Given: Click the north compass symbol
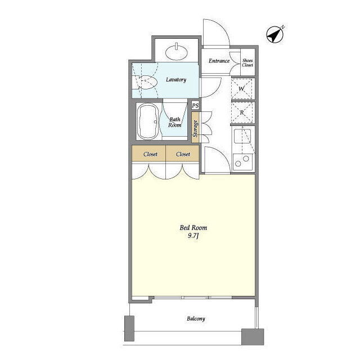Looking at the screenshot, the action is [275, 34].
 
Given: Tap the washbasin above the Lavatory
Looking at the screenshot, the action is [177, 52].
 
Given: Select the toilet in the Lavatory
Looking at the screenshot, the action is [146, 82].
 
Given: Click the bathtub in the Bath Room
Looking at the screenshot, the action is [148, 121].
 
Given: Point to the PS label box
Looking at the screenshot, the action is [195, 106].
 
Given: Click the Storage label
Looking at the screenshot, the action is [195, 128].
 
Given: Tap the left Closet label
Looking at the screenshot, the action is [150, 154].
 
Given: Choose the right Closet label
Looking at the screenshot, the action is [183, 154].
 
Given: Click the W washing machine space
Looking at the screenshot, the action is [242, 89].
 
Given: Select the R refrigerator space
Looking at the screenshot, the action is [242, 112].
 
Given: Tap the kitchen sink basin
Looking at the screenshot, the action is [242, 136].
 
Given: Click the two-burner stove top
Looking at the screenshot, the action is [242, 161].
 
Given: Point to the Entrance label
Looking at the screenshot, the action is [219, 61].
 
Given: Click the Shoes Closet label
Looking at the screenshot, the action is [247, 62].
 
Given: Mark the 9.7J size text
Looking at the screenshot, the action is [193, 236].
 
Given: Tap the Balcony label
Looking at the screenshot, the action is [196, 319].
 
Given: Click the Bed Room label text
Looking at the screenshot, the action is [193, 228].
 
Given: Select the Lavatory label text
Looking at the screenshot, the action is [176, 80].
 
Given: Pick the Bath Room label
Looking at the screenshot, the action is [175, 123].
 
